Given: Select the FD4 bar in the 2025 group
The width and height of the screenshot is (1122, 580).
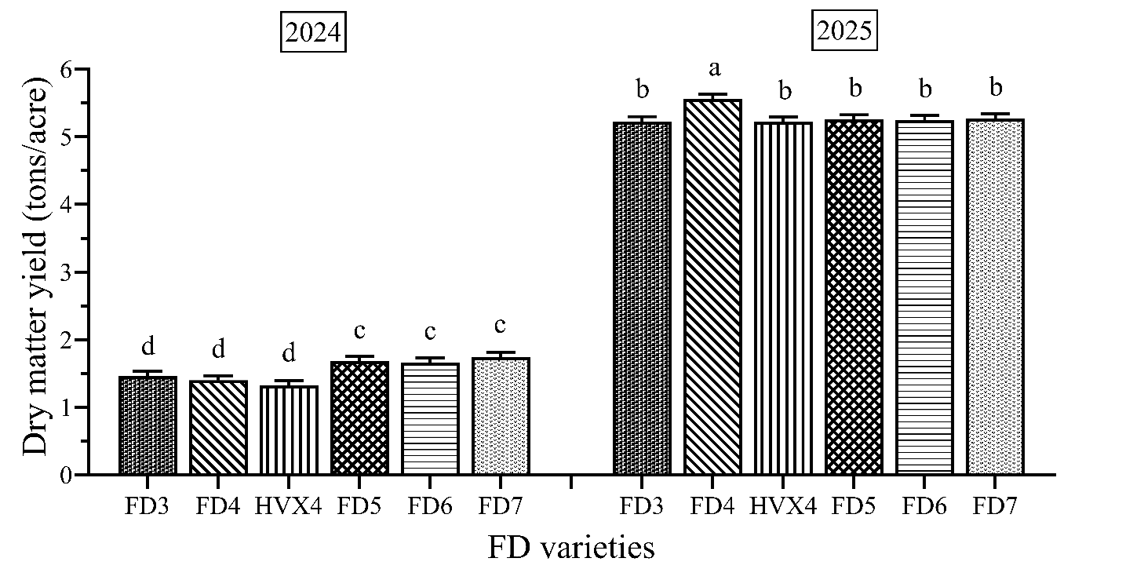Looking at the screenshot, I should tap(712, 286).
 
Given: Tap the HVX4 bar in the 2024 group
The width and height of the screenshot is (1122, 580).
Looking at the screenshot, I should tap(289, 430).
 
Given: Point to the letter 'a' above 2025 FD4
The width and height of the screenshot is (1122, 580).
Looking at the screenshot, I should tap(714, 69).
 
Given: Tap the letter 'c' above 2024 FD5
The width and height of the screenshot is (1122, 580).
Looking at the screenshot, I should tap(359, 330).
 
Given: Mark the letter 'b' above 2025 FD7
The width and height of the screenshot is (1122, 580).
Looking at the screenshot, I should tap(995, 86).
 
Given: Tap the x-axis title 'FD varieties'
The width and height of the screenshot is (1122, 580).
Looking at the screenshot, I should tap(570, 547).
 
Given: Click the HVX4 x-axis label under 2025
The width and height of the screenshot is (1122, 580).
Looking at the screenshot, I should tap(782, 506).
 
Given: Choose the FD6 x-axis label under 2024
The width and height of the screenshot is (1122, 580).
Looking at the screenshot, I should tap(429, 506).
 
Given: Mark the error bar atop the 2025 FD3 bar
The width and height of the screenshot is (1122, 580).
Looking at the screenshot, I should tap(642, 119).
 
